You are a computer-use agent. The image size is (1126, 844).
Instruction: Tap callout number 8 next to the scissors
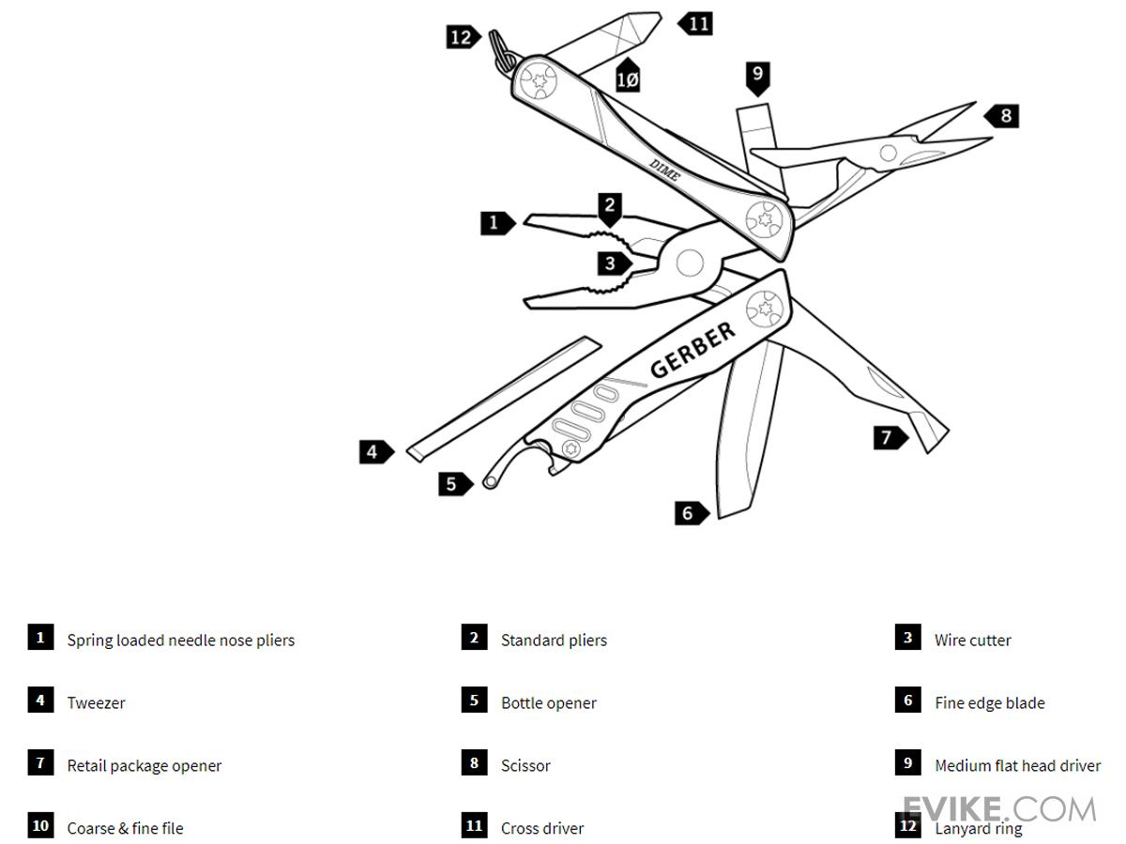click(1003, 115)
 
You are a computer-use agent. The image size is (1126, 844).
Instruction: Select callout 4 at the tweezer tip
click(374, 452)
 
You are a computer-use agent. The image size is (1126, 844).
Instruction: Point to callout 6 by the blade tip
click(690, 513)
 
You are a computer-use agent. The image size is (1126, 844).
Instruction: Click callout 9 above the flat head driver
click(758, 75)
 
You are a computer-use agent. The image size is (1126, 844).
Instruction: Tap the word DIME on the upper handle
click(664, 170)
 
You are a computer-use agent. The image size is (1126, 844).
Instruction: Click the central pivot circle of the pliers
click(690, 263)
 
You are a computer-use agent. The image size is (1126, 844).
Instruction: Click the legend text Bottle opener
click(548, 703)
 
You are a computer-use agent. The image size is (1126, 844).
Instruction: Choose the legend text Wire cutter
click(972, 641)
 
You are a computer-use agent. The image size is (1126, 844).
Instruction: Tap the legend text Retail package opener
click(144, 766)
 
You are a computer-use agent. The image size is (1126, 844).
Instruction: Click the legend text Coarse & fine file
click(125, 829)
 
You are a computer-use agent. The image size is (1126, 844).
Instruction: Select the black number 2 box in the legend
click(474, 638)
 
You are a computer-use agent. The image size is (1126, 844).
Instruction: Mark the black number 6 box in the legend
click(907, 701)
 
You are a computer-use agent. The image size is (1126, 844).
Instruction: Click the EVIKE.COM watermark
click(998, 808)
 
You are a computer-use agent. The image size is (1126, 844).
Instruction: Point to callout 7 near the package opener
click(888, 437)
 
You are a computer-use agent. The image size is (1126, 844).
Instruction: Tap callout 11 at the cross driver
click(697, 23)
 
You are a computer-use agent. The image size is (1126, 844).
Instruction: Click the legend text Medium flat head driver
click(1017, 766)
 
